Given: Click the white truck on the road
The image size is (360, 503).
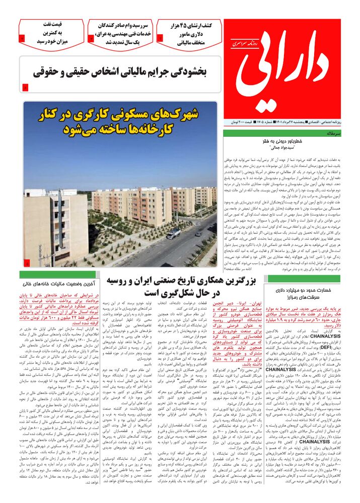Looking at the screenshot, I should tap(173, 234).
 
